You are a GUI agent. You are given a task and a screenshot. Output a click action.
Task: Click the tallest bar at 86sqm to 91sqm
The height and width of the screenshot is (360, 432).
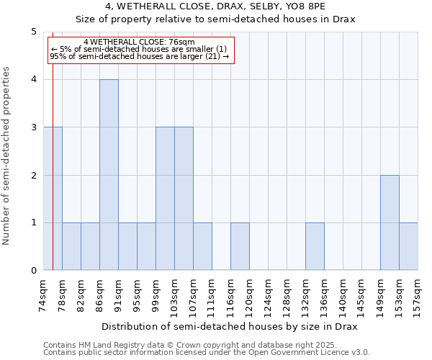[x=109, y=175]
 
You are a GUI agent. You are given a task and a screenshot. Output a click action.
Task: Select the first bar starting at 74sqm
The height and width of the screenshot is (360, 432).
[x=53, y=199]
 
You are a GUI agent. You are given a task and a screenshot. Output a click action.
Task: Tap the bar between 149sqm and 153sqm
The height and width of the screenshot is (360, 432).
[x=390, y=222]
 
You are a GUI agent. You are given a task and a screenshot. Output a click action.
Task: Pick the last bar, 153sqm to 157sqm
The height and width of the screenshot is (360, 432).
[x=408, y=246]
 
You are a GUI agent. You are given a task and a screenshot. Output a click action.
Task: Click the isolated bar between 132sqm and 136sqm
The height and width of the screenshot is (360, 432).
[x=315, y=246]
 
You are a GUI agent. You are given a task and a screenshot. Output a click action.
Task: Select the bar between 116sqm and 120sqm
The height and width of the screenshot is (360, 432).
[x=240, y=246]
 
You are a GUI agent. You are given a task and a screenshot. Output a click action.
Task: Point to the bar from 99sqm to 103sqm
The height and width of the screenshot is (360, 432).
[x=165, y=199]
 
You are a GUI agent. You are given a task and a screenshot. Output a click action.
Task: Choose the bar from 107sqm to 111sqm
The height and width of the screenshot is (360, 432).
[x=202, y=246]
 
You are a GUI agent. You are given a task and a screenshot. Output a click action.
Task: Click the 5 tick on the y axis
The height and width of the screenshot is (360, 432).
[x=33, y=32]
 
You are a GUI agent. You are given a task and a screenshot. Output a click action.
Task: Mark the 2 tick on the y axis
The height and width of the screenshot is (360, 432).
[x=33, y=175]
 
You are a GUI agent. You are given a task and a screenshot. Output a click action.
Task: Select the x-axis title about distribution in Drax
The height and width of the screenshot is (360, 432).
[x=230, y=326]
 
